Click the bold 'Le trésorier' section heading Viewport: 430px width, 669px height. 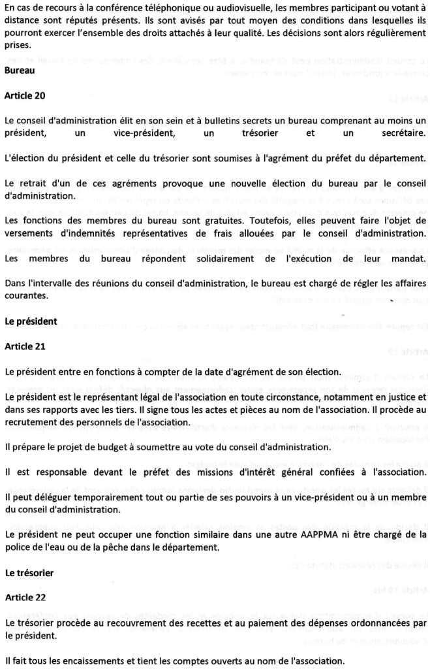[x=29, y=572]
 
